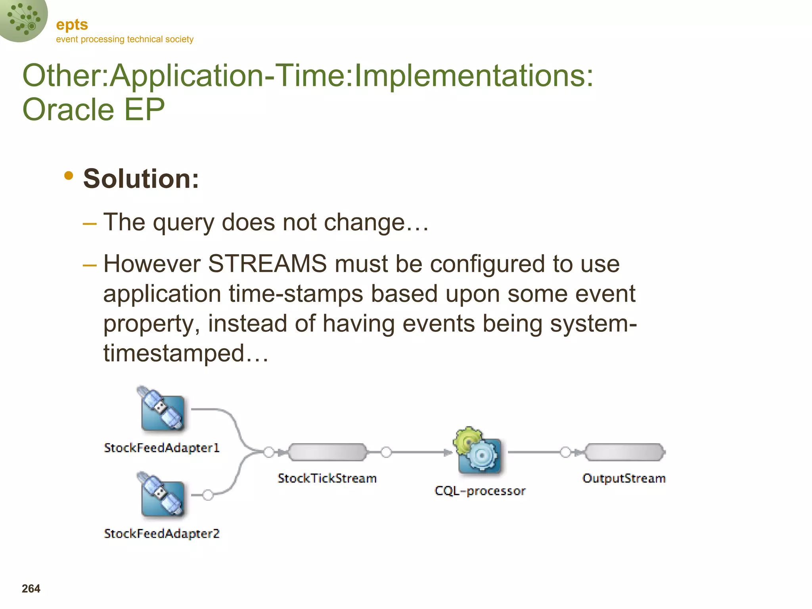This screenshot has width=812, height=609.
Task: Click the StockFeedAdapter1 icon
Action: coord(162,410)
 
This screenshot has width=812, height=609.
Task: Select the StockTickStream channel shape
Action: coord(327,452)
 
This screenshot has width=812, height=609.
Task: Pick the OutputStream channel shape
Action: coord(624,452)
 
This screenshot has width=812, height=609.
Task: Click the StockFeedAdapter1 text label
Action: coord(162,448)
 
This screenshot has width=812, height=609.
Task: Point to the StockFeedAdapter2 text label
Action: coord(162,534)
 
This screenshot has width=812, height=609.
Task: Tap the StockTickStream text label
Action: coord(327,479)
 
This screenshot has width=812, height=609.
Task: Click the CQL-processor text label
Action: coord(480,491)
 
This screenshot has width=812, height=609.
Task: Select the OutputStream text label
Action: coord(624,479)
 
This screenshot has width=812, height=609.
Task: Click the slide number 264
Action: coord(31,589)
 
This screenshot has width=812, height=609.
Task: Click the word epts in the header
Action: coord(72,25)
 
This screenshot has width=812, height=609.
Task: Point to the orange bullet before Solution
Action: coord(69,176)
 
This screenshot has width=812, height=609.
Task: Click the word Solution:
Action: coord(141,179)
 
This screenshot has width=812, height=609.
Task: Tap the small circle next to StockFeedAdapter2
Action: coord(208,495)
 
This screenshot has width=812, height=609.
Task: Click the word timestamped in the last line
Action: coord(174,353)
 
